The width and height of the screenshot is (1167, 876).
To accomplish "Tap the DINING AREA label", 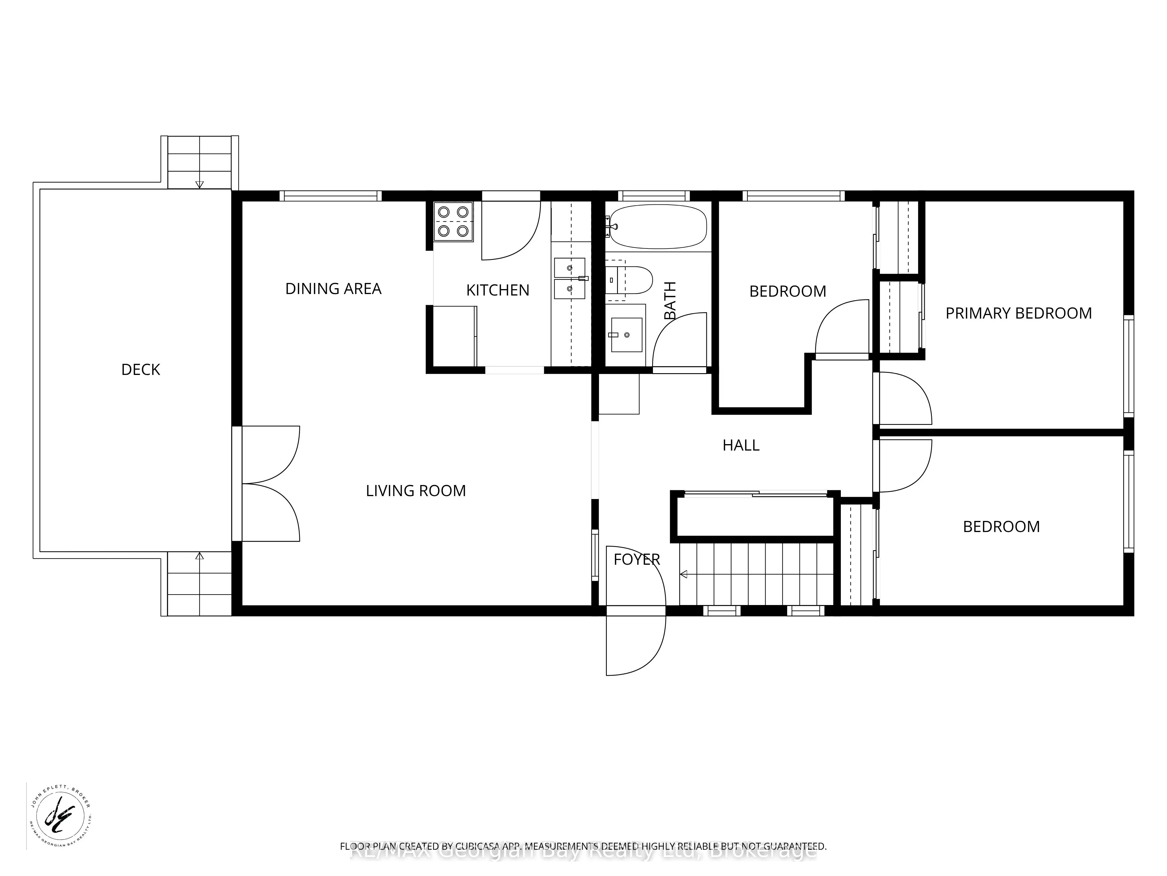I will point(333,289).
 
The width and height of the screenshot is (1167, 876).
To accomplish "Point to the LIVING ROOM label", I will point(416,491).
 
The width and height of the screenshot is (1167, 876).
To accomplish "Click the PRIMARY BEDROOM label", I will point(1018,313).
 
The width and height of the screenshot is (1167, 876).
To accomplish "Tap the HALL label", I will point(741,445).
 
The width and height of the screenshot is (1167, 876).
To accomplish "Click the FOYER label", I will point(636,559).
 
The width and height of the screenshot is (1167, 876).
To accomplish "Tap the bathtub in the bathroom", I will point(657,227).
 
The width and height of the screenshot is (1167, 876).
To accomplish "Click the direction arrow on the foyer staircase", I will point(684,574).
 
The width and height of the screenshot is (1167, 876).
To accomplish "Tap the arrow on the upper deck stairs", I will point(200,184).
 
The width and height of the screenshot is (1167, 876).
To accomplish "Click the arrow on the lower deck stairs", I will point(200,556).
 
